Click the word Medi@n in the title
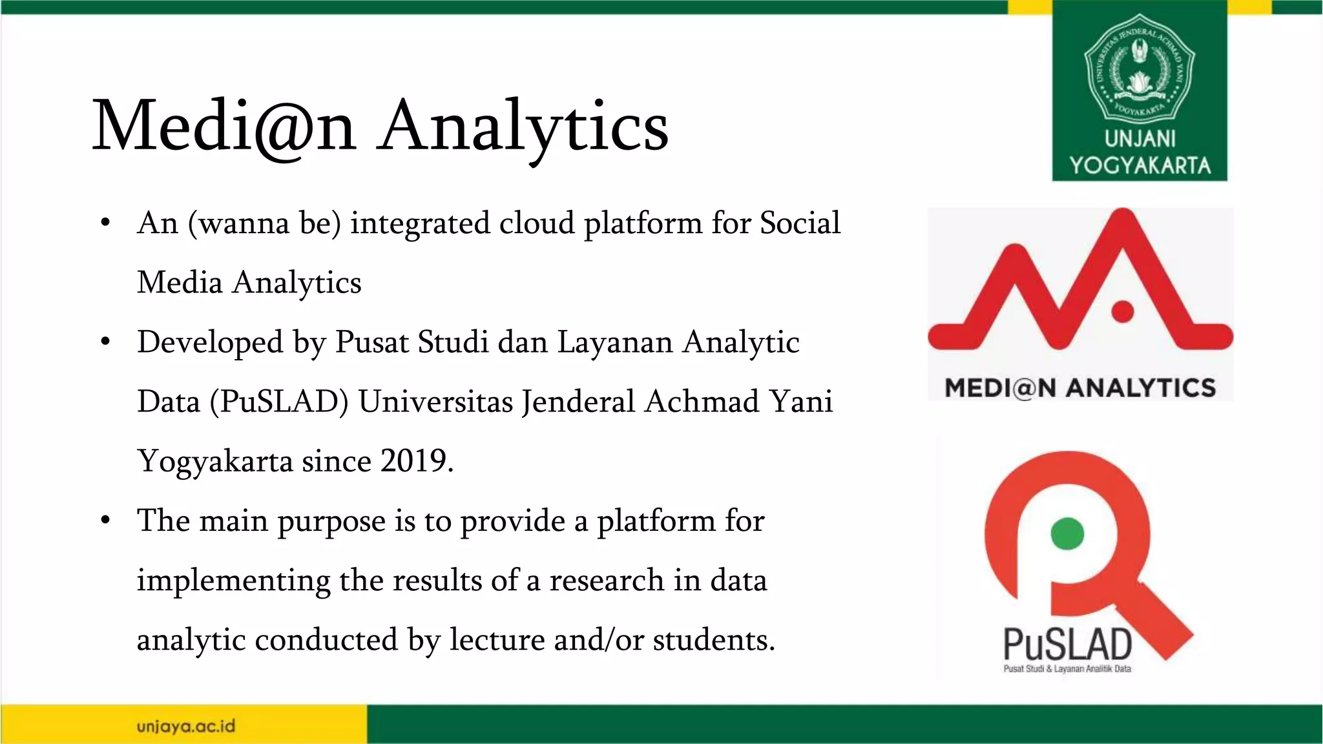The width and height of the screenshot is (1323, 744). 224,126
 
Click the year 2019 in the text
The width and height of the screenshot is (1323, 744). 413,461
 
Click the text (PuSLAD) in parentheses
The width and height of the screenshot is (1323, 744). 279,402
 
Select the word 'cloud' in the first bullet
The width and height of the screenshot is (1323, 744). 528,223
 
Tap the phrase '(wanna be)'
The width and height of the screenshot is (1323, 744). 264,224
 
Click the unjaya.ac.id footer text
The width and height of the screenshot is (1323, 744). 186,726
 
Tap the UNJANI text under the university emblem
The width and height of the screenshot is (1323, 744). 1140,139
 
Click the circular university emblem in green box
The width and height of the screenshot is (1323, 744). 1140,67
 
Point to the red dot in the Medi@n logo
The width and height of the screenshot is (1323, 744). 1123,311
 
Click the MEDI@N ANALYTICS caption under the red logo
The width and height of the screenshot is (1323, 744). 1080,387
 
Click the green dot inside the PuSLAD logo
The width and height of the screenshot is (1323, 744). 1067,533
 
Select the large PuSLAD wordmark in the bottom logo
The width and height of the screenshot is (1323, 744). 1067,644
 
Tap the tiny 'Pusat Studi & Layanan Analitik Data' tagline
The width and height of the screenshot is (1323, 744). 1067,669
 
